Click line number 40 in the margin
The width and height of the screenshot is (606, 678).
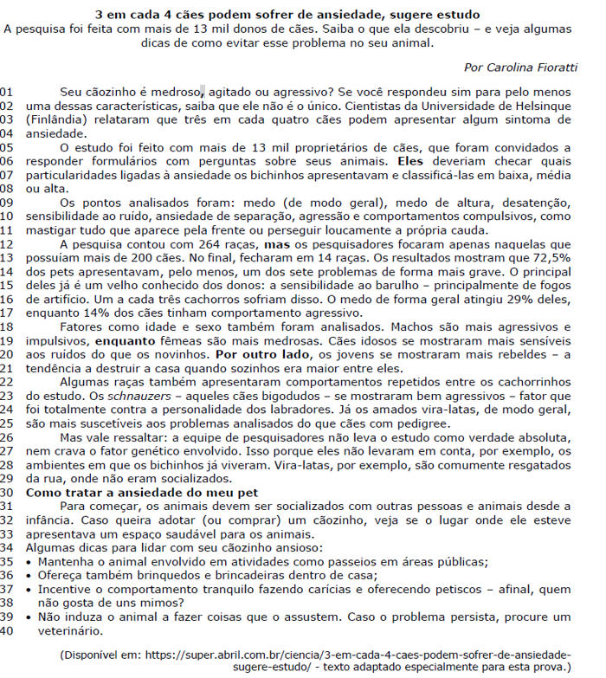[x=8, y=630]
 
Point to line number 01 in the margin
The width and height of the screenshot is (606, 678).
[x=8, y=92]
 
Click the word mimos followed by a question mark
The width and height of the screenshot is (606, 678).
[x=151, y=602]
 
